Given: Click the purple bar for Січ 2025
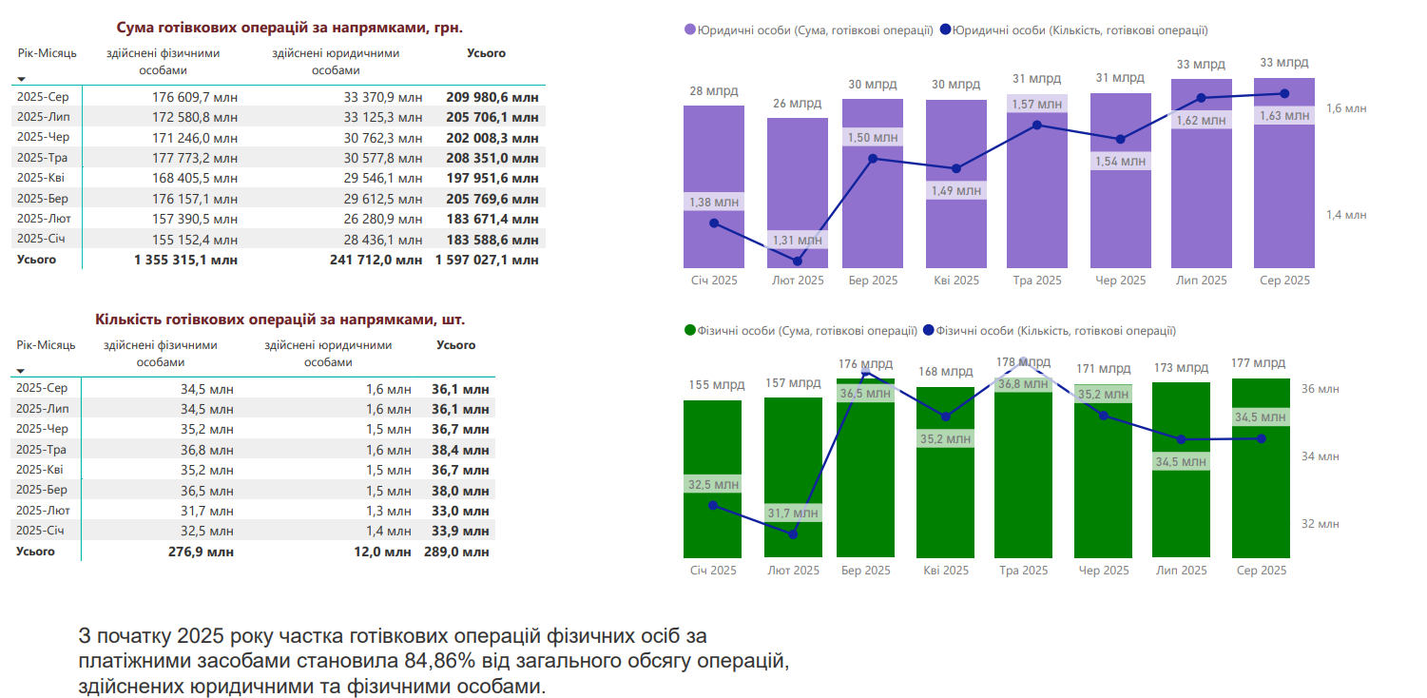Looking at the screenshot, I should [714, 152].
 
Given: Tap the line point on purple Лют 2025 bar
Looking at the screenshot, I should [797, 262].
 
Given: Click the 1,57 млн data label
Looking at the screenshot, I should [1036, 104].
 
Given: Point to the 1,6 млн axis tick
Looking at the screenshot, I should [1346, 108].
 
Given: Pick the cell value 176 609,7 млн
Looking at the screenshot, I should [195, 97].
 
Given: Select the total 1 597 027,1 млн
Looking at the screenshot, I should [487, 260].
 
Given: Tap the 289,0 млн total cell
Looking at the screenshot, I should [460, 552].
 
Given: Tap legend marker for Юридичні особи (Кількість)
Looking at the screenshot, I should [945, 30].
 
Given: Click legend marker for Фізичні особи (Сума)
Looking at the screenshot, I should [690, 331].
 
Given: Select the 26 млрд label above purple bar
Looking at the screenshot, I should [797, 103].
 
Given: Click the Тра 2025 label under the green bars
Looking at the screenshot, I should [1023, 571].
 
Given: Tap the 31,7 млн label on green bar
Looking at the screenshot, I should [793, 514].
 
